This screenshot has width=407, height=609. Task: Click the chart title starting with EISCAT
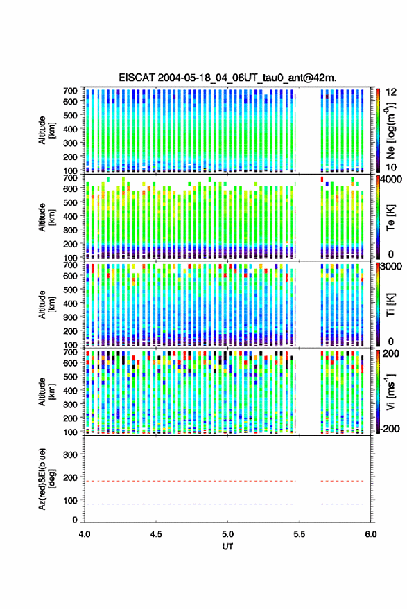(x=228, y=78)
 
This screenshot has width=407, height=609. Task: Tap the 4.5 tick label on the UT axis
(x=156, y=534)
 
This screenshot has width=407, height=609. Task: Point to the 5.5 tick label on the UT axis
(x=300, y=534)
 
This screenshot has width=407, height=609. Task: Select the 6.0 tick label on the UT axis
(x=371, y=534)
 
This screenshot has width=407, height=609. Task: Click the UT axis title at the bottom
(x=228, y=547)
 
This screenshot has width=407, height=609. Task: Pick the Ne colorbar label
(x=390, y=130)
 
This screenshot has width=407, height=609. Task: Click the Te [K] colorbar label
(x=390, y=218)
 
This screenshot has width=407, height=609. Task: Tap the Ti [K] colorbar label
(x=390, y=305)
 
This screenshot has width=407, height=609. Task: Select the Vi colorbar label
(x=390, y=391)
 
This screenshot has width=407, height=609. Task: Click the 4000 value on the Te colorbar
(x=392, y=180)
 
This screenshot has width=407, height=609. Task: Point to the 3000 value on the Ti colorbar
(x=392, y=267)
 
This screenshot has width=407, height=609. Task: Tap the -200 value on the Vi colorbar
(x=391, y=429)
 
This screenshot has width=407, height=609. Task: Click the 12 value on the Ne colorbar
(x=392, y=92)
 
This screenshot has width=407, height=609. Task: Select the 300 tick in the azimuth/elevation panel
(x=70, y=454)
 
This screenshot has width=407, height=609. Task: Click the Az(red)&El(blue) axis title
(x=46, y=479)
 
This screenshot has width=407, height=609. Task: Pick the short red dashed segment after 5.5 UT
(x=343, y=481)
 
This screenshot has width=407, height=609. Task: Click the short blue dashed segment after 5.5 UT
(x=343, y=504)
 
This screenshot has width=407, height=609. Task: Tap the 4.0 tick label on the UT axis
(x=85, y=534)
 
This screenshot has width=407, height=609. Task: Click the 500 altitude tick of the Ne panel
(x=70, y=115)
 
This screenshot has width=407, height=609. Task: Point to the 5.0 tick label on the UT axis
(x=228, y=534)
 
